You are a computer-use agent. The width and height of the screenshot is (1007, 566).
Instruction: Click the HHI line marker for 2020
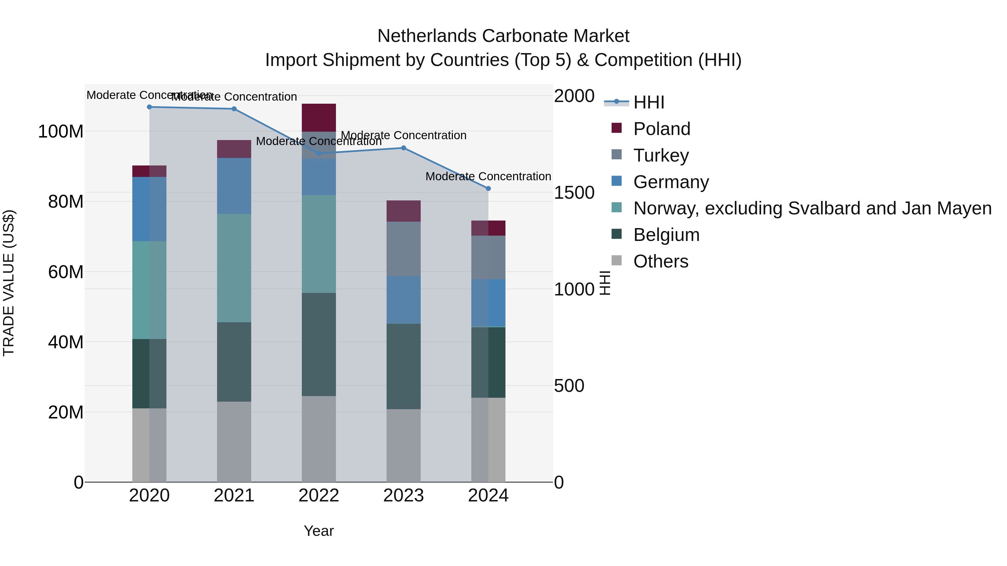tap(149, 107)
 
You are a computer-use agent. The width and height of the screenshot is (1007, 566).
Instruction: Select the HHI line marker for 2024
tap(488, 189)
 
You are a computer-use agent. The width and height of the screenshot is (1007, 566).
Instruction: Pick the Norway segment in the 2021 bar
tap(234, 268)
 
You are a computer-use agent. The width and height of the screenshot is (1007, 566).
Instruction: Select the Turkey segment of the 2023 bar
tap(403, 249)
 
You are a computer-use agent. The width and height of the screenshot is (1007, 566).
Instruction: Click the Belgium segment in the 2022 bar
tap(319, 345)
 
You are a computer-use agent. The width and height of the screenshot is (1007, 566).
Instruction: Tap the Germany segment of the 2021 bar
tap(234, 186)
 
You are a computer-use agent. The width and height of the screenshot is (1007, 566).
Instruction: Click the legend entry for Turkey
tap(661, 155)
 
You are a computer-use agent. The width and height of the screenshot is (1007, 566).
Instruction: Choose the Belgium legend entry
tap(666, 235)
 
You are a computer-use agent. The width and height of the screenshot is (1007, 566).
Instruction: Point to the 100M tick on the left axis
tap(61, 132)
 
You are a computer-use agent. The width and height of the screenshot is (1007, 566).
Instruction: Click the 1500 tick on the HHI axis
tap(574, 193)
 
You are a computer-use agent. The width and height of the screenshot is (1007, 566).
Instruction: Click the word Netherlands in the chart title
tap(427, 36)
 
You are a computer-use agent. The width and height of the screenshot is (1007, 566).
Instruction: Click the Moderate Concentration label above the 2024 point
tap(488, 177)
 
